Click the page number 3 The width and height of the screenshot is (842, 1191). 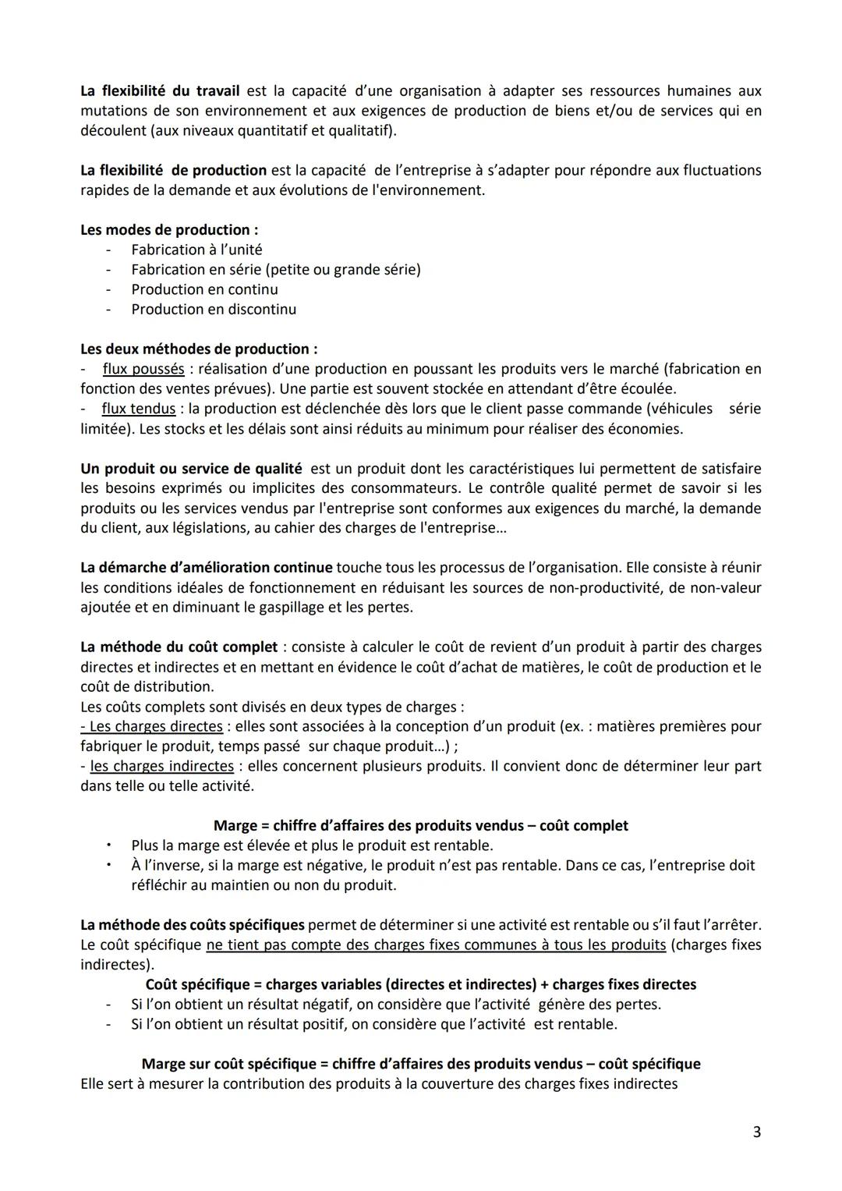(x=756, y=1132)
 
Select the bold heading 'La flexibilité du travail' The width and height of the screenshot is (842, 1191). (x=160, y=90)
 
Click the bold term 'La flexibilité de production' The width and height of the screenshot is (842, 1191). (x=173, y=170)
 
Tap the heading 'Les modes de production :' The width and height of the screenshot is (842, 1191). (x=169, y=230)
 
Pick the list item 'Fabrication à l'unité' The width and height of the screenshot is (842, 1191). (x=196, y=250)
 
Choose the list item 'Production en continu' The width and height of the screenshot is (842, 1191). (x=204, y=289)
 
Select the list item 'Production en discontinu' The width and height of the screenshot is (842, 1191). (x=214, y=309)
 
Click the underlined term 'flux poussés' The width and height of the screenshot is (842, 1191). (x=143, y=368)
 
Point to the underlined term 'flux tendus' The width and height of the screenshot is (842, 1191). (x=139, y=408)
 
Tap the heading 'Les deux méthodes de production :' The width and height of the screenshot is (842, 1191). (x=199, y=349)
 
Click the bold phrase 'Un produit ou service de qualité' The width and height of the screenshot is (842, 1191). (x=191, y=469)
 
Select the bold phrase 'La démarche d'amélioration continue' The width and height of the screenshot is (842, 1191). (x=207, y=567)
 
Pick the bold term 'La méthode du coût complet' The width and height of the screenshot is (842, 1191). (x=179, y=647)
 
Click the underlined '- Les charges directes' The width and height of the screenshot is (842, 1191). (x=151, y=726)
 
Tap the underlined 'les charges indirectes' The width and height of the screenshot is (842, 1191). (x=162, y=766)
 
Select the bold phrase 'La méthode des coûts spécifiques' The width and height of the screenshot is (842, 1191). (x=193, y=925)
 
